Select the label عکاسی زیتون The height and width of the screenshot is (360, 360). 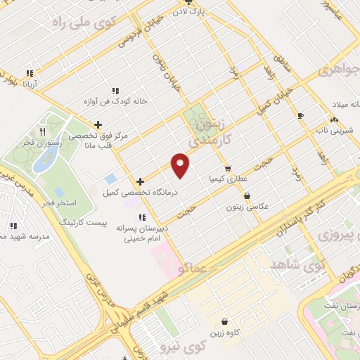coord(245,207)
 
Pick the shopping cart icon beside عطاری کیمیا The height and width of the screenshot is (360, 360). coord(228,169)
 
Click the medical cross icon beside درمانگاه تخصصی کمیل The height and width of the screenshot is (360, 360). coord(140,181)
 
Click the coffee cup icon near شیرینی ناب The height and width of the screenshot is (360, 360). coord(301,115)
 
